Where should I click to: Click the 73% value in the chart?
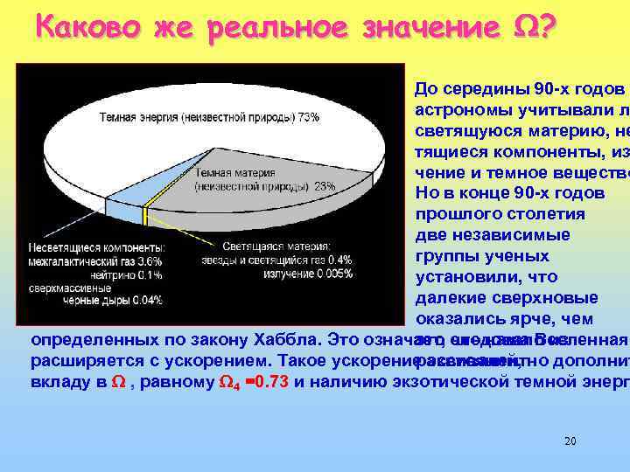point(308,117)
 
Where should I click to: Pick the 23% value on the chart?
point(324,186)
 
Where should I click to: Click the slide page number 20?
point(570,441)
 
